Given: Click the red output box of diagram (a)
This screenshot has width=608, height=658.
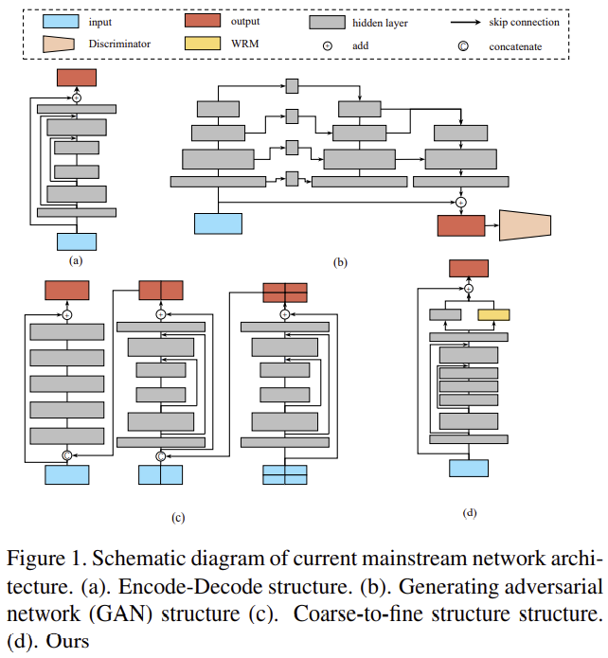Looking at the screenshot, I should (77, 79).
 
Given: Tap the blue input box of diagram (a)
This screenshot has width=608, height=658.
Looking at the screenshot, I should (77, 241).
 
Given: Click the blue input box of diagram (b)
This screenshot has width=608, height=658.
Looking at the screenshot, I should (218, 223).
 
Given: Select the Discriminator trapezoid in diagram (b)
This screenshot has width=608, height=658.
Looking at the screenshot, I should (525, 224).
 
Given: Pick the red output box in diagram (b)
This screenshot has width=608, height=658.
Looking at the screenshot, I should (460, 224).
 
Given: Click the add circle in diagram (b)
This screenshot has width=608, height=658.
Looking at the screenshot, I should (461, 201).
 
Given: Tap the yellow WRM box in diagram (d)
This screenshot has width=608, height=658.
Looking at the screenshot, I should (493, 314).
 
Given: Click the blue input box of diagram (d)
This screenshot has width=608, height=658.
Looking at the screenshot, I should (469, 468).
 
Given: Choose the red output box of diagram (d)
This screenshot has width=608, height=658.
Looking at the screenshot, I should (469, 268).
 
